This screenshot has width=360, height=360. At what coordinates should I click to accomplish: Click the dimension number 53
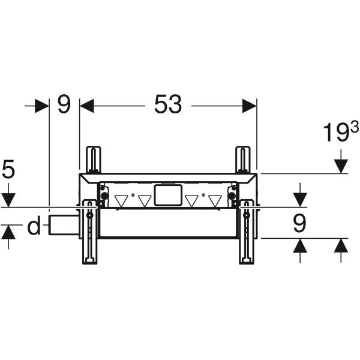[167, 105]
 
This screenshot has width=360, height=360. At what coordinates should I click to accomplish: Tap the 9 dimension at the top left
[64, 105]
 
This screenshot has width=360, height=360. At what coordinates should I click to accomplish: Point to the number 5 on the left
[8, 170]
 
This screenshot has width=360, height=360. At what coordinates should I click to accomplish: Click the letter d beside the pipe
[34, 227]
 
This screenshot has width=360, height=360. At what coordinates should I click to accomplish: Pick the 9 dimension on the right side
[299, 223]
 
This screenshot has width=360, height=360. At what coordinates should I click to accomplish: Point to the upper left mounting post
[93, 159]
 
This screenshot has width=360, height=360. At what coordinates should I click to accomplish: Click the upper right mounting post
[243, 159]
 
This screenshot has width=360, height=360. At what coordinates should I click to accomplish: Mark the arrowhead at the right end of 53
[250, 106]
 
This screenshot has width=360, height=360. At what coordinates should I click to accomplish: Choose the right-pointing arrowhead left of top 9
[41, 106]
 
